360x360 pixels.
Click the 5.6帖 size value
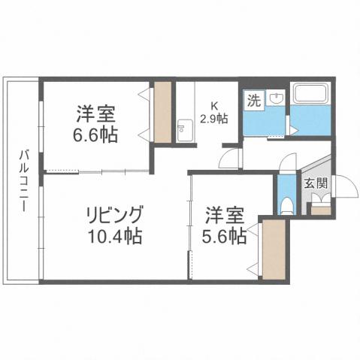pyautogui.click(x=224, y=236)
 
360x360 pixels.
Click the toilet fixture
pyautogui.click(x=285, y=204)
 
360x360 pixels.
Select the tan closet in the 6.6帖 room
pyautogui.click(x=163, y=114)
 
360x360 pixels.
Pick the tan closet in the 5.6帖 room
pyautogui.click(x=272, y=250)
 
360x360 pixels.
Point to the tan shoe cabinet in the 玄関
pyautogui.click(x=319, y=208)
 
